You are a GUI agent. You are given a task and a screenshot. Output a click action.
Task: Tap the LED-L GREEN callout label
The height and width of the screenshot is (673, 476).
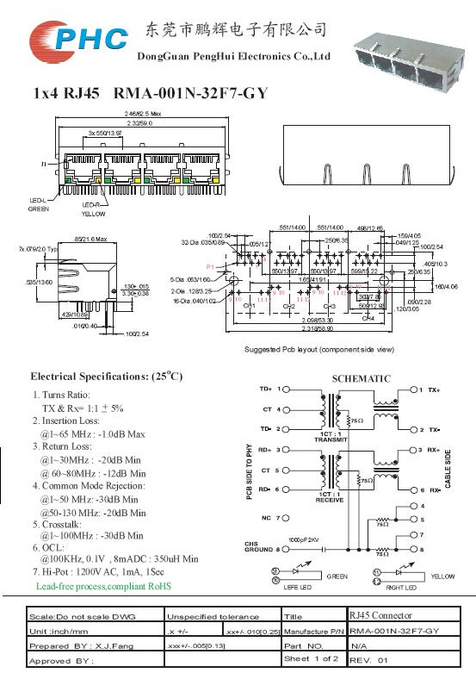pyautogui.click(x=39, y=203)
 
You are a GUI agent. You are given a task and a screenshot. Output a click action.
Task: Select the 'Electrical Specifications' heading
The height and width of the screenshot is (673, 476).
pyautogui.click(x=107, y=377)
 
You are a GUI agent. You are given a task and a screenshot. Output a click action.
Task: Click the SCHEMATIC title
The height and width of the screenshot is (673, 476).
pyautogui.click(x=361, y=378)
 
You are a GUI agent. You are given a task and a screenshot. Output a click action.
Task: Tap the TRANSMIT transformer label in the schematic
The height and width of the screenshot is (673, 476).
pyautogui.click(x=331, y=439)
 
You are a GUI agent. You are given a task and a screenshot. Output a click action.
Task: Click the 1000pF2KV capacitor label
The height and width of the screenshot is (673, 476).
pyautogui.click(x=304, y=539)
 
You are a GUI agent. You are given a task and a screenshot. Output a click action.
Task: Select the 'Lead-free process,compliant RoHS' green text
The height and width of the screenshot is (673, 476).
pyautogui.click(x=103, y=586)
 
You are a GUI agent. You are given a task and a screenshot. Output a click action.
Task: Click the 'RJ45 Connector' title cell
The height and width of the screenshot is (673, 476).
pyautogui.click(x=380, y=616)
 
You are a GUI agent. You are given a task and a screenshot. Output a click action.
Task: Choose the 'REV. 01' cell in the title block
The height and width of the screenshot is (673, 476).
pyautogui.click(x=369, y=659)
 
